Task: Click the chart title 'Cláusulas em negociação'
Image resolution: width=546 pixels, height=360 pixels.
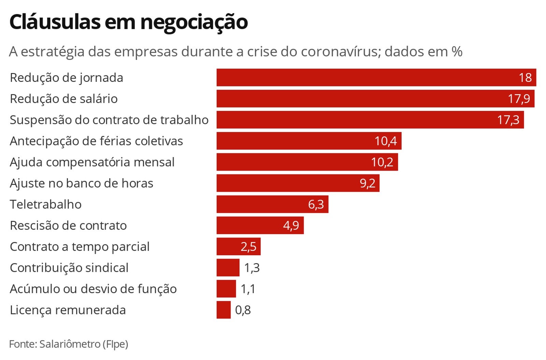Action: pyautogui.click(x=128, y=22)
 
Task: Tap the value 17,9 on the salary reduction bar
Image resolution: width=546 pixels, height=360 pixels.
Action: pyautogui.click(x=519, y=99)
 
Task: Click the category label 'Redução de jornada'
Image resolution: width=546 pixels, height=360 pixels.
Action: pyautogui.click(x=66, y=78)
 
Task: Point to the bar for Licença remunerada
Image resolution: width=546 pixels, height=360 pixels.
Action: pyautogui.click(x=224, y=310)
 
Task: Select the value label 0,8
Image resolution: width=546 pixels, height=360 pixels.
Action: pyautogui.click(x=243, y=310)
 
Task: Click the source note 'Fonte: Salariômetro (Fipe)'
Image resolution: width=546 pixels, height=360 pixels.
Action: pyautogui.click(x=68, y=344)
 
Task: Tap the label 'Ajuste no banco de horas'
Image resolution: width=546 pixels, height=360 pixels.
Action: pyautogui.click(x=81, y=184)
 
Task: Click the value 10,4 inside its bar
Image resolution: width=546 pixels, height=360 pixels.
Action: pyautogui.click(x=386, y=141)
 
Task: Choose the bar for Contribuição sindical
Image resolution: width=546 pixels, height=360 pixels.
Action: pyautogui.click(x=228, y=268)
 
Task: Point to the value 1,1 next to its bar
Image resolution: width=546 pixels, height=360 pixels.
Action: pyautogui.click(x=248, y=289)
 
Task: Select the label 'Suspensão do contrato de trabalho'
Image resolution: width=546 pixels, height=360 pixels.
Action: pyautogui.click(x=109, y=120)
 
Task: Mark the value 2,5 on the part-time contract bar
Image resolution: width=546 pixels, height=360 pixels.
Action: pyautogui.click(x=248, y=247)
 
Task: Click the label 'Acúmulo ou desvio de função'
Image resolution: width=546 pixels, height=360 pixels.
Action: pyautogui.click(x=93, y=289)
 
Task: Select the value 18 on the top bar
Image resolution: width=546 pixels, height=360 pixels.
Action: pyautogui.click(x=525, y=77)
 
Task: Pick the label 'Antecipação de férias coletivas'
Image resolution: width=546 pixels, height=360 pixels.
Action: pyautogui.click(x=96, y=141)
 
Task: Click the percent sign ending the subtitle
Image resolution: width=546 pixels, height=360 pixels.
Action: pyautogui.click(x=457, y=52)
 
